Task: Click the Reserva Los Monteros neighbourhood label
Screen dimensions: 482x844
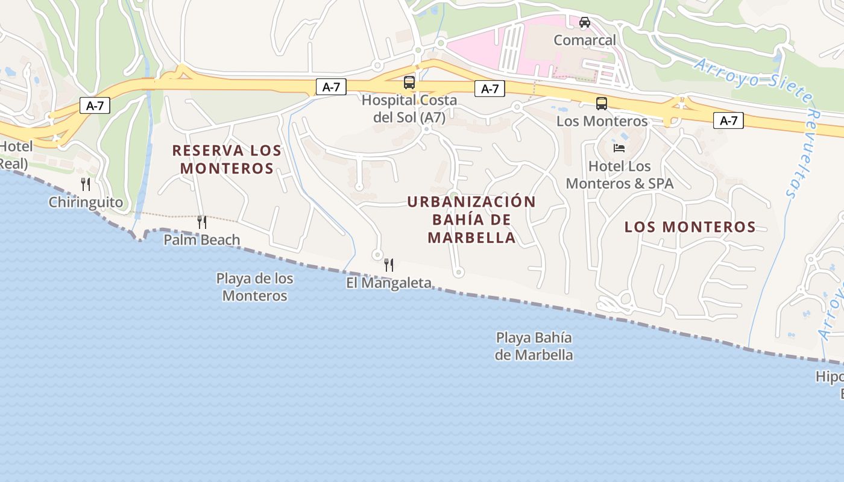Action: click(x=227, y=159)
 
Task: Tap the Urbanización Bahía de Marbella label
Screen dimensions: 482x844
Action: click(x=471, y=219)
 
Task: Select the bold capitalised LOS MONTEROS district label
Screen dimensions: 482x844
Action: click(x=690, y=227)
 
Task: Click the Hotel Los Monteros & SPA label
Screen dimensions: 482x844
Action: click(x=619, y=175)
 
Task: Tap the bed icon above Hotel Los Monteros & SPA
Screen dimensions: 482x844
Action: click(x=619, y=148)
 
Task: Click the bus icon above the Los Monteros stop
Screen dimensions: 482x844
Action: click(x=601, y=104)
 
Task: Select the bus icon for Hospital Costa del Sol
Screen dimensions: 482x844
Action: click(x=409, y=83)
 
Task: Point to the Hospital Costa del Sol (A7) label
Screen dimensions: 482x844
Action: click(x=409, y=108)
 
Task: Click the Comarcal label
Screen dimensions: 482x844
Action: click(x=585, y=40)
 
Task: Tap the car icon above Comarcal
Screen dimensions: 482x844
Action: click(x=584, y=22)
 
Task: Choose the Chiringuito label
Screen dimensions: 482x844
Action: click(x=86, y=202)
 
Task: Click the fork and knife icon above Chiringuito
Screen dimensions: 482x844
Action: click(x=86, y=184)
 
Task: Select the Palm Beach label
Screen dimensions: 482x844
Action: click(x=202, y=240)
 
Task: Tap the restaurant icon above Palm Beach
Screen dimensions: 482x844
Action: click(x=202, y=222)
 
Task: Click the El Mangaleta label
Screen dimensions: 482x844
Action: click(x=389, y=283)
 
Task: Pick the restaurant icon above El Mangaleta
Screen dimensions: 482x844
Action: click(x=389, y=264)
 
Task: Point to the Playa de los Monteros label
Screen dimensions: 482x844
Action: click(x=254, y=287)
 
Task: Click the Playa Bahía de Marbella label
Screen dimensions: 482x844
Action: click(x=534, y=346)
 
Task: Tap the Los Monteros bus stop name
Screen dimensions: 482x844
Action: click(x=602, y=121)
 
